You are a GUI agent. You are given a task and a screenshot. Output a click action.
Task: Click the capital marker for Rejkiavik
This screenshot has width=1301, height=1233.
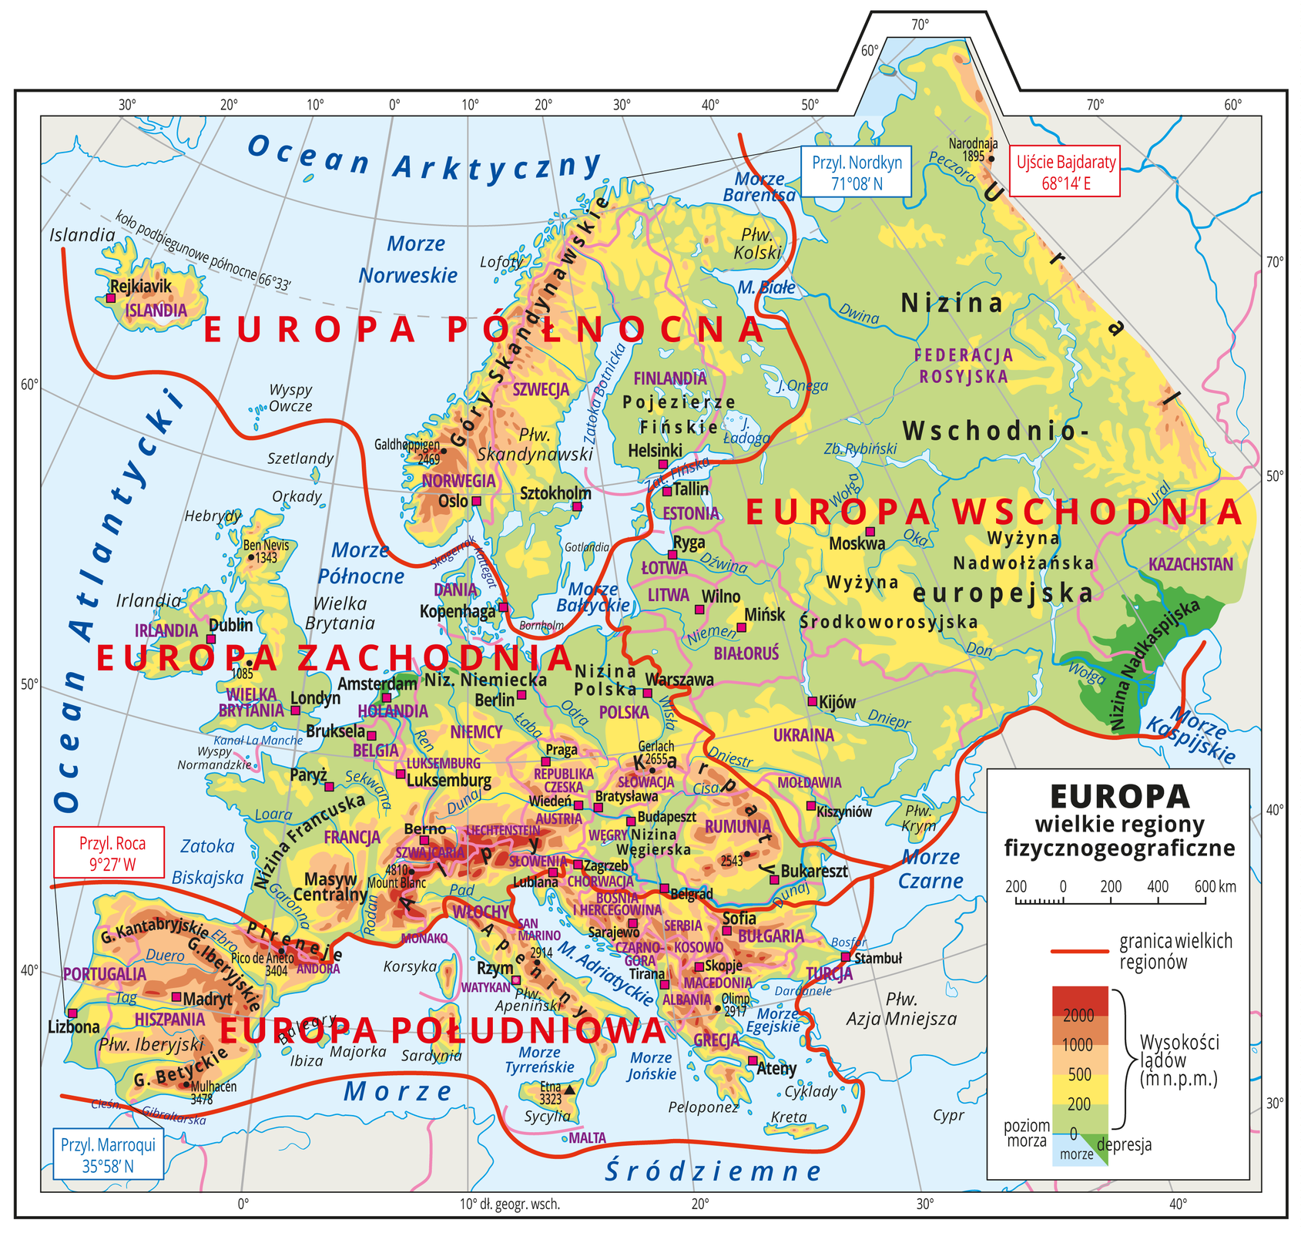point(111,297)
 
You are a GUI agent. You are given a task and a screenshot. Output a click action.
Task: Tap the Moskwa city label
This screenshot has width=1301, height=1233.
point(857,543)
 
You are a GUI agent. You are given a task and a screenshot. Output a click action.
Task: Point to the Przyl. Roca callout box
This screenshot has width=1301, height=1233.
point(109,852)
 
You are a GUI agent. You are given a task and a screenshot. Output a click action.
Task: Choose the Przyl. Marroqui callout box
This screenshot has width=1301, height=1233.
point(108,1154)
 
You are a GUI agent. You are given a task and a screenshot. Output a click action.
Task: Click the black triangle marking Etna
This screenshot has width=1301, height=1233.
point(569,1090)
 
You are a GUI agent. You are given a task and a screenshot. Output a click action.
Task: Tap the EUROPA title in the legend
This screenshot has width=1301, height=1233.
point(1118,797)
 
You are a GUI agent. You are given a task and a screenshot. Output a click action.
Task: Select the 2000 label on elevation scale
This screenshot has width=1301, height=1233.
point(1078,1016)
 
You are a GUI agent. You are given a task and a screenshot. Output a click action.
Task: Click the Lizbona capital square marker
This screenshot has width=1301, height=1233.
point(72,1013)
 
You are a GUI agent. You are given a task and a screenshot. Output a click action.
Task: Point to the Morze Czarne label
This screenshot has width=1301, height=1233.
point(931,868)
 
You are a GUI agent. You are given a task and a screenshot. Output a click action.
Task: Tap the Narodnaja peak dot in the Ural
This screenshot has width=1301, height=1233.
point(991,160)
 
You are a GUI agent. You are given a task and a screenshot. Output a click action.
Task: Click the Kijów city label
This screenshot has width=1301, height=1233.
point(837,702)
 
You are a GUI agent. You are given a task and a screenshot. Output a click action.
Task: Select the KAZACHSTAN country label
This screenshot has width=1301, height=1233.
point(1190,564)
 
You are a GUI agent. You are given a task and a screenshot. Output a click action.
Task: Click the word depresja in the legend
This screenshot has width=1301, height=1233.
point(1124,1144)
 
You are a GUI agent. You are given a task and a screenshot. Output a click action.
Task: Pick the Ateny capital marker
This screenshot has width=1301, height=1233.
point(753,1060)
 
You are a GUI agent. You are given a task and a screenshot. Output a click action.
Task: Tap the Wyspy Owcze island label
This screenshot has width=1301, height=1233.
point(290,398)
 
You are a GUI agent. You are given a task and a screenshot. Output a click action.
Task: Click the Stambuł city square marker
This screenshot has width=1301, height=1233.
point(846,957)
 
